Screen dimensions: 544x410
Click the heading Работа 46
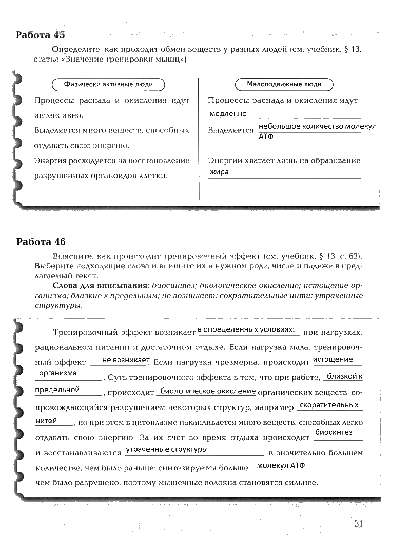pyautogui.click(x=41, y=242)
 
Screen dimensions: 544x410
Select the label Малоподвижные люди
pyautogui.click(x=284, y=84)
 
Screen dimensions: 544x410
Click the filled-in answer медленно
pyautogui.click(x=228, y=114)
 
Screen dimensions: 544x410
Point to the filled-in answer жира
pyautogui.click(x=219, y=172)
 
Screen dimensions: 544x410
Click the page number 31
pyautogui.click(x=358, y=523)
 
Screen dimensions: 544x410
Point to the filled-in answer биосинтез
pyautogui.click(x=334, y=433)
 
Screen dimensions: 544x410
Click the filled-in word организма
pyautogui.click(x=58, y=373)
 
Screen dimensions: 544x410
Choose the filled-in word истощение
pyautogui.click(x=333, y=359)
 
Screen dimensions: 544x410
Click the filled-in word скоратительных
pyautogui.click(x=329, y=405)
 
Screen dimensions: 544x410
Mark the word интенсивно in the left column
pyautogui.click(x=57, y=115)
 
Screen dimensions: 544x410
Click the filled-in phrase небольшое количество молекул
pyautogui.click(x=318, y=126)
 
